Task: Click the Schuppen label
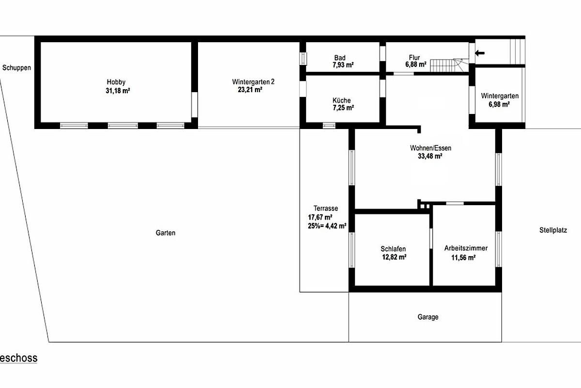pyautogui.click(x=16, y=68)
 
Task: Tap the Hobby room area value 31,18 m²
pyautogui.click(x=118, y=91)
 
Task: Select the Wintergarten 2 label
pyautogui.click(x=253, y=82)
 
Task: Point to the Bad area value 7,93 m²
pyautogui.click(x=343, y=65)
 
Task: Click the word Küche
pyautogui.click(x=342, y=100)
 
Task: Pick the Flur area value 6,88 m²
pyautogui.click(x=416, y=64)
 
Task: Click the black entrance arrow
pyautogui.click(x=480, y=53)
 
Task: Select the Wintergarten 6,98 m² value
pyautogui.click(x=499, y=104)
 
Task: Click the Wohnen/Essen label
pyautogui.click(x=430, y=148)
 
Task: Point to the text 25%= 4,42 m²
pyautogui.click(x=327, y=226)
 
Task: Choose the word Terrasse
pyautogui.click(x=326, y=209)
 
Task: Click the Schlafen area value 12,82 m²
pyautogui.click(x=394, y=257)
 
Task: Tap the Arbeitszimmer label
pyautogui.click(x=466, y=248)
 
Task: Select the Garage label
pyautogui.click(x=428, y=317)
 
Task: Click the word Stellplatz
pyautogui.click(x=553, y=230)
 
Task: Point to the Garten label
pyautogui.click(x=166, y=233)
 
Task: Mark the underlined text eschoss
pyautogui.click(x=19, y=358)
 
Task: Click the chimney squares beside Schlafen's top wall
pyautogui.click(x=425, y=207)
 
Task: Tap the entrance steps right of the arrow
pyautogui.click(x=518, y=51)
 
